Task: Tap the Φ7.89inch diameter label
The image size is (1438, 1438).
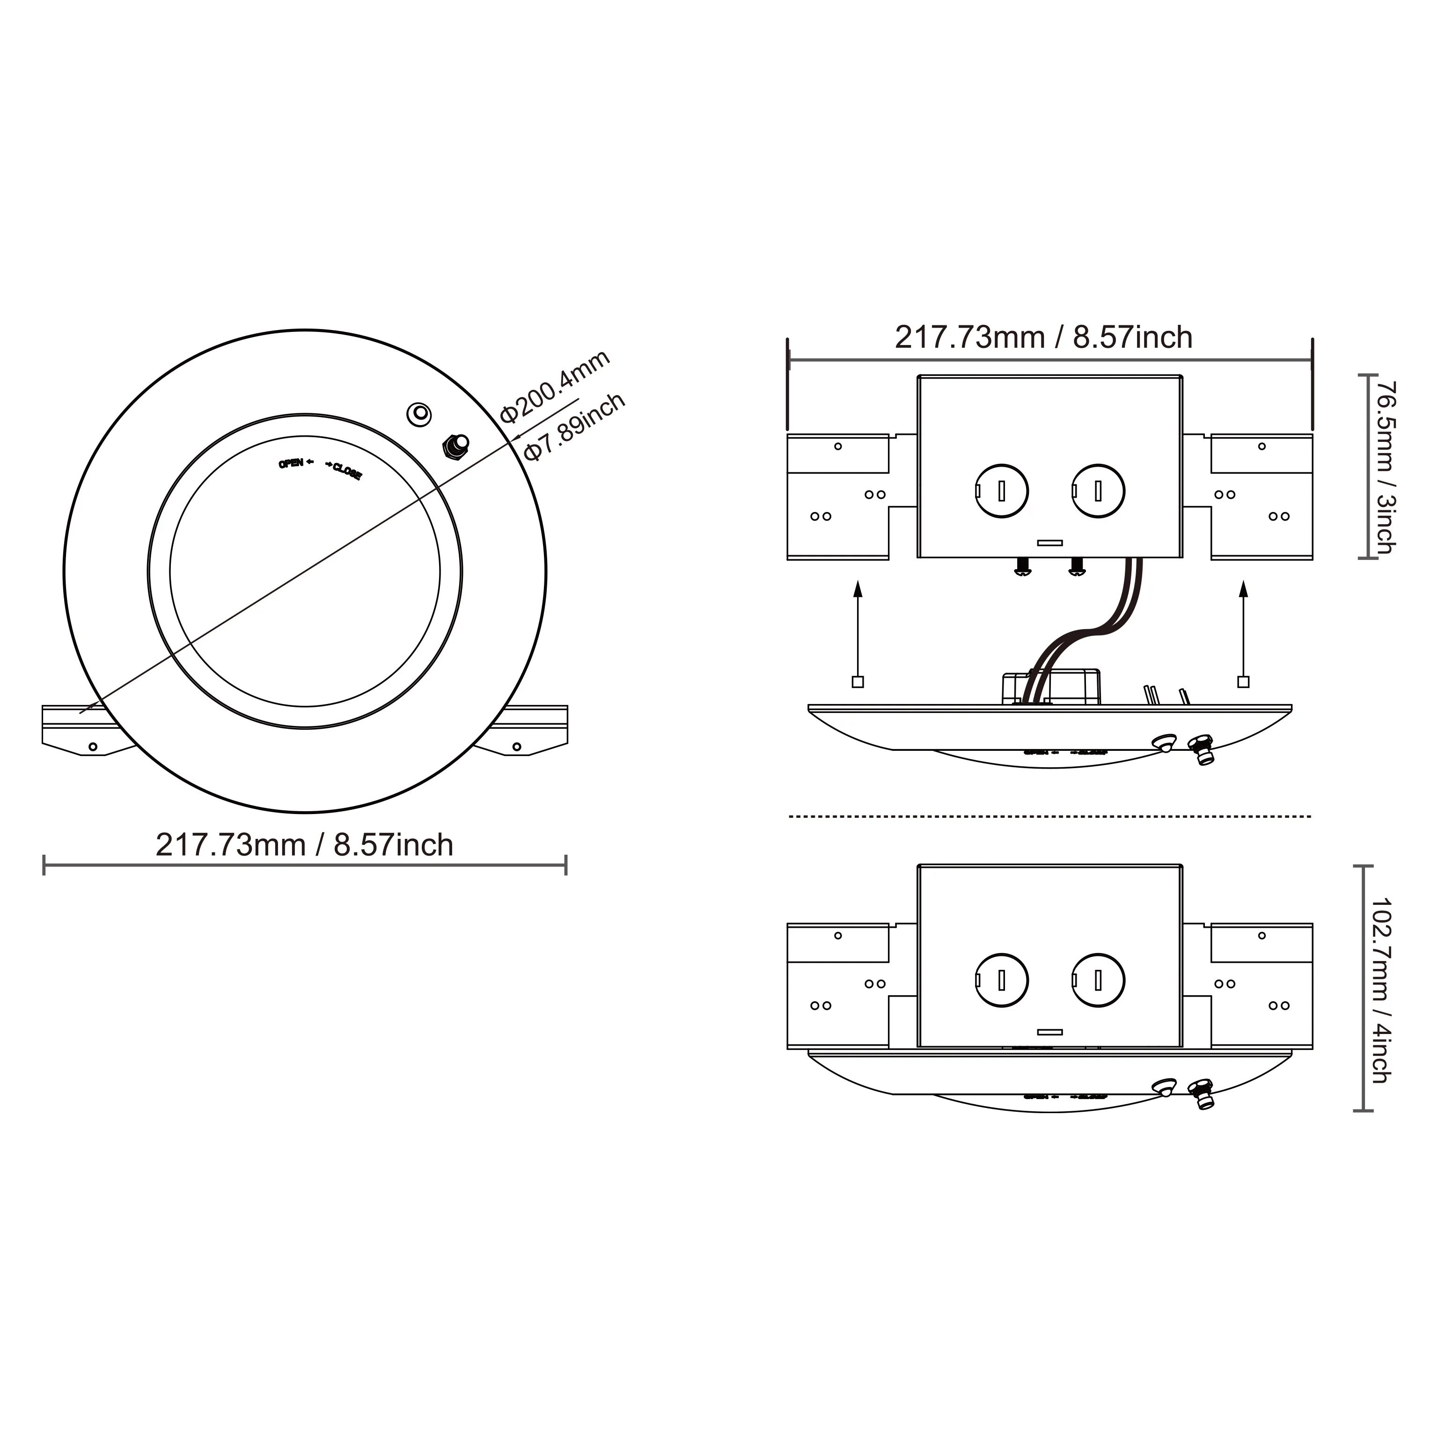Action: coord(575,427)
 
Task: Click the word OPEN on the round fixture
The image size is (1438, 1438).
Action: coord(291,464)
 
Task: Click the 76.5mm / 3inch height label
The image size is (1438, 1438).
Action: coord(1385,468)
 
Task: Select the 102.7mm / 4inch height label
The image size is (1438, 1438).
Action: coord(1381,990)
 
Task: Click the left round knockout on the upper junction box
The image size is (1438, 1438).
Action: coord(1002,491)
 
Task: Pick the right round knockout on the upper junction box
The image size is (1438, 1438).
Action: coord(1099,491)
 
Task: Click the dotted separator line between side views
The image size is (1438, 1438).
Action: coord(1049,816)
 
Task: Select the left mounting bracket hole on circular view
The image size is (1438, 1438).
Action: coord(93,747)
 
